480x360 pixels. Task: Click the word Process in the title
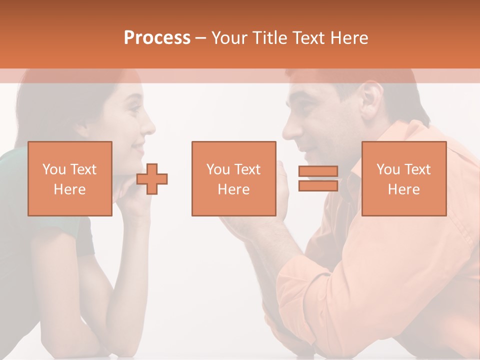[x=157, y=38]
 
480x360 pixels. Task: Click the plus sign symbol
[x=152, y=179]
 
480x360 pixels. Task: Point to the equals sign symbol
[x=318, y=178]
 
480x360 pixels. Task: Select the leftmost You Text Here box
[x=69, y=178]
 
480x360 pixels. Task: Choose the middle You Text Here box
[x=233, y=178]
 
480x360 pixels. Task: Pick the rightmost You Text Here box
[x=403, y=178]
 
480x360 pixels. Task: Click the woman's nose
[x=149, y=127]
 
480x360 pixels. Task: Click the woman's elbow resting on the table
[x=55, y=345]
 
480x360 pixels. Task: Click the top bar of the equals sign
[x=318, y=171]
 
